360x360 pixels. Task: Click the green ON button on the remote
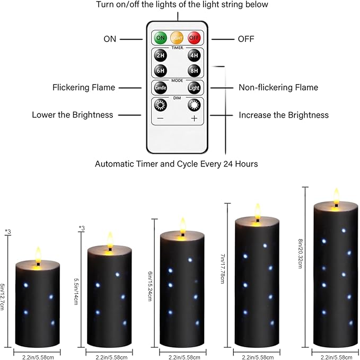[160, 38]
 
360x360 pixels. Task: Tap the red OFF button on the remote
[194, 38]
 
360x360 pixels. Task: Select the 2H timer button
[160, 56]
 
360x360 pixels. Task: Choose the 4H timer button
[194, 56]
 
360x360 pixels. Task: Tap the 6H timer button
[160, 71]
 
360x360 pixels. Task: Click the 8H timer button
[194, 71]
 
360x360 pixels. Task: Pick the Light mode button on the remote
[194, 87]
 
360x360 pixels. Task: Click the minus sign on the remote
[160, 118]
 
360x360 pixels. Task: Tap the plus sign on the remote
[194, 118]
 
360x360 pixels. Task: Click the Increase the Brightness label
[284, 115]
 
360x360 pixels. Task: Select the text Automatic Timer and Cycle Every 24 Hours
[177, 164]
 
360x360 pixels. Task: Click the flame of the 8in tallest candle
[336, 195]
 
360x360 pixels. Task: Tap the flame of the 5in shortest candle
[38, 254]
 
